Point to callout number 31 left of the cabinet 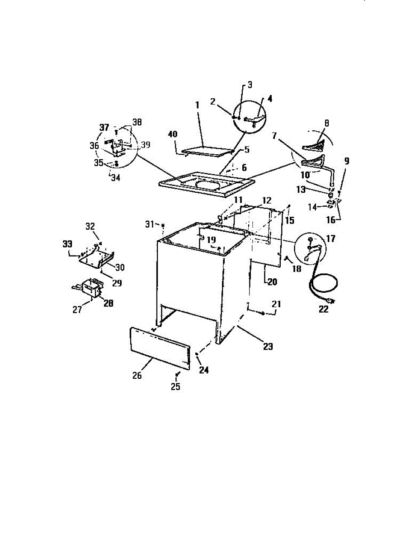(150, 224)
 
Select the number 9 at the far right (347, 160)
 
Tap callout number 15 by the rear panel (289, 220)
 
